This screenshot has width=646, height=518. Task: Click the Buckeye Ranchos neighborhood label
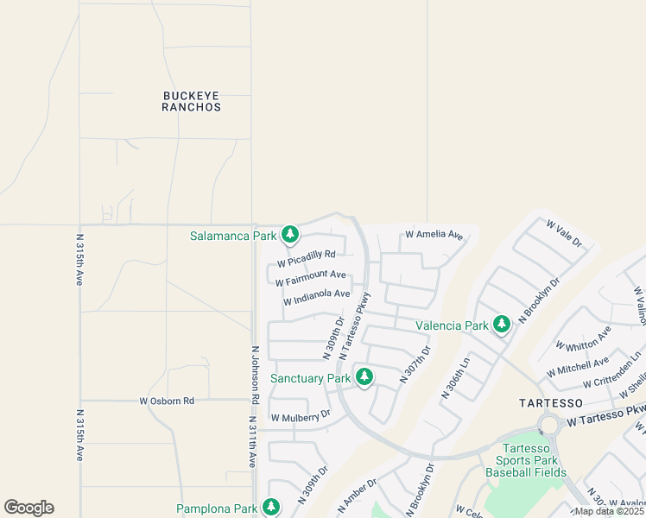[x=192, y=101]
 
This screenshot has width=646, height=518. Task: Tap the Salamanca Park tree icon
[x=290, y=234]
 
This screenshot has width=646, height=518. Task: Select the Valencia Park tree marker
[x=501, y=325]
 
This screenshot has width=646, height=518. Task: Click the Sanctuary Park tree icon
[x=364, y=376]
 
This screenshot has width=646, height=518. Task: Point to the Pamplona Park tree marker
[x=271, y=507]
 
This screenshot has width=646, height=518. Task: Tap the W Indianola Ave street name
[x=316, y=297]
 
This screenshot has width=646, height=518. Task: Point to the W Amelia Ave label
[x=434, y=235]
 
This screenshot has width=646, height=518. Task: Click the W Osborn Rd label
[x=167, y=401]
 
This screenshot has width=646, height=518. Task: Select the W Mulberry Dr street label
[x=301, y=417]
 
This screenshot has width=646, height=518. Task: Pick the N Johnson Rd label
[x=256, y=376]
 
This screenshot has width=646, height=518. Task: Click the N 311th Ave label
[x=253, y=442]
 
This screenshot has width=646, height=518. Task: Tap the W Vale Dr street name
[x=565, y=233]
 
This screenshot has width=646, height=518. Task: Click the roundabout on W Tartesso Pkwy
[x=548, y=425]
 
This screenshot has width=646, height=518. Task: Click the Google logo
[x=28, y=508]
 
